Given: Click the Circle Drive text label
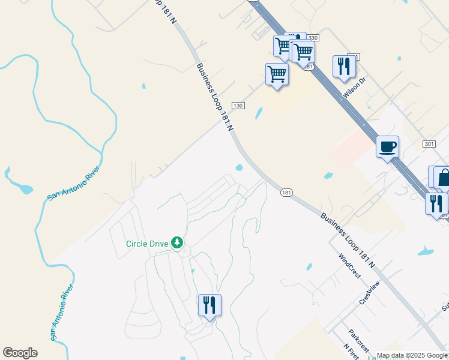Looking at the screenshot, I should tap(147, 243).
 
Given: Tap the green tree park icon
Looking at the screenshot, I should tap(176, 242).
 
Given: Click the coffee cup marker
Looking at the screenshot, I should tap(387, 146).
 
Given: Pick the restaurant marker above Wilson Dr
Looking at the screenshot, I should tap(344, 67).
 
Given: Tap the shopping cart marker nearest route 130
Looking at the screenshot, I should tap(277, 75).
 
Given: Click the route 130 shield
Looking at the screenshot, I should tap(238, 106).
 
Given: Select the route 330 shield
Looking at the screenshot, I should tap(313, 38).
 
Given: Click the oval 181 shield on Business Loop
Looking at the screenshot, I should tap(286, 193).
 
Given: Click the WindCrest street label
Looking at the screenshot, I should tap(349, 266).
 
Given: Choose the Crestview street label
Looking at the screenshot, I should tap(370, 293).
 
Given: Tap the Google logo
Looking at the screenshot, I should tap(20, 353).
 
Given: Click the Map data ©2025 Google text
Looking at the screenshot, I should tap(411, 355).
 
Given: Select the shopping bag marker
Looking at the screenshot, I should tap(444, 178).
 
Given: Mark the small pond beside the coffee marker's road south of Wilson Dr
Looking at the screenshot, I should tap(328, 176).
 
